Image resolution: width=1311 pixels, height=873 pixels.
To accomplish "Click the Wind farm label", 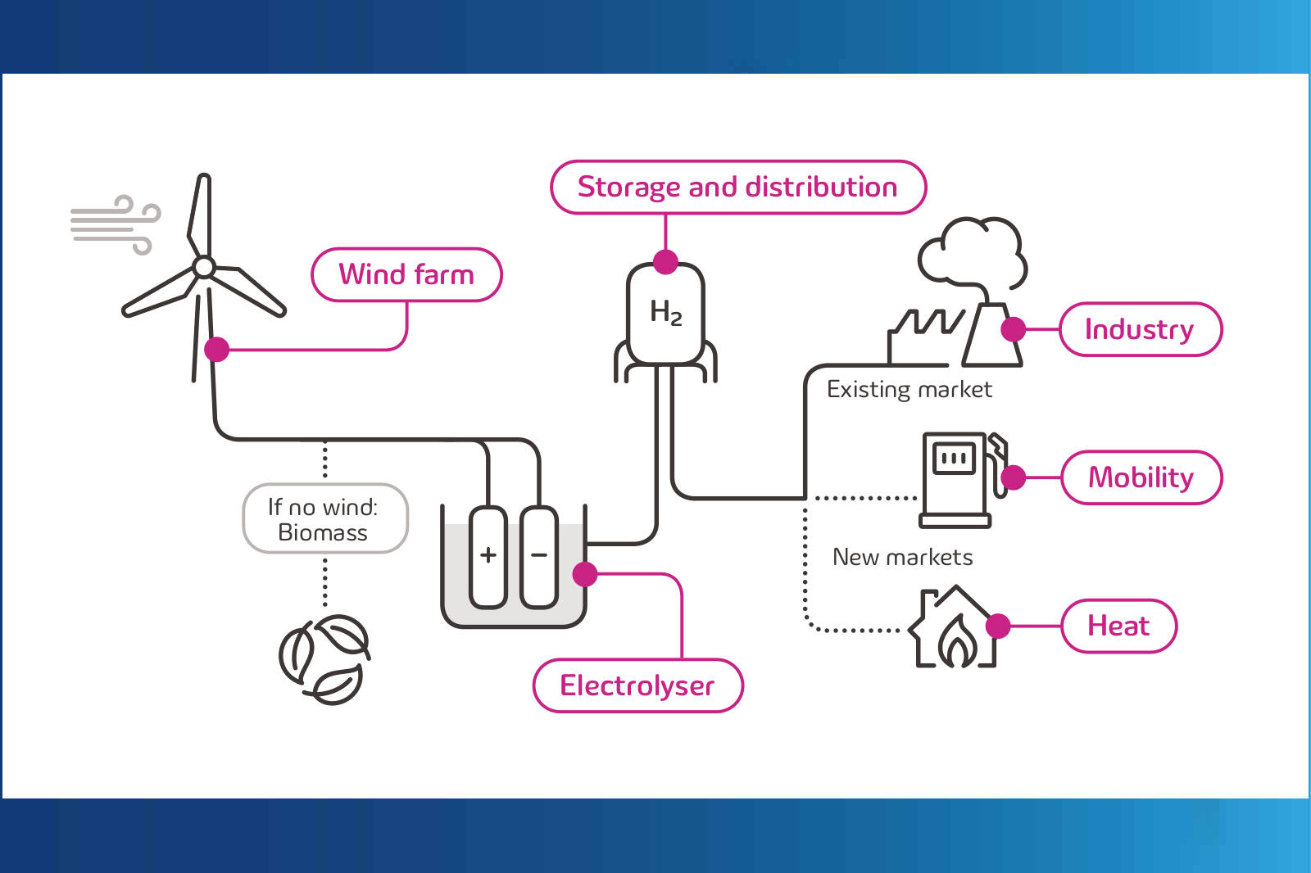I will click(x=406, y=274).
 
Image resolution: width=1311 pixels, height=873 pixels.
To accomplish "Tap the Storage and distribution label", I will click(x=737, y=188).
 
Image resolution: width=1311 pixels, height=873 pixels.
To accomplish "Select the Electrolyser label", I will click(x=637, y=685).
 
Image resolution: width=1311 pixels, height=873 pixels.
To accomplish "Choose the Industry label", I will click(x=1140, y=329).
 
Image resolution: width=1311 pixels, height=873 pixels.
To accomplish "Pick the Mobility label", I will click(x=1141, y=477).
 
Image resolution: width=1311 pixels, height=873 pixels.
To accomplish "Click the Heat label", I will click(x=1118, y=626).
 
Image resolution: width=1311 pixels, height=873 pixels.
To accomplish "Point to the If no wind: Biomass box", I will click(x=324, y=519).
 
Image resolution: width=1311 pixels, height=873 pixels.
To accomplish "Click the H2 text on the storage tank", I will click(x=665, y=312).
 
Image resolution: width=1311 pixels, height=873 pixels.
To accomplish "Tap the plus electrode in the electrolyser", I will click(x=488, y=556).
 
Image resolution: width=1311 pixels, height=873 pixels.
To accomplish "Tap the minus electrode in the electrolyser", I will click(x=539, y=556).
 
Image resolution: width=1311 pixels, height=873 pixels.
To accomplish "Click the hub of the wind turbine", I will click(x=204, y=267).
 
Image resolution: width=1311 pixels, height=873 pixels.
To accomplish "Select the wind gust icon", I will click(x=115, y=224).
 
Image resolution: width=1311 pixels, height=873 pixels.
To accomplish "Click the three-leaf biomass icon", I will click(x=324, y=659).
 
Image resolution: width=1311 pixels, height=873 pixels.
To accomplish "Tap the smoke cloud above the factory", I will click(x=973, y=251).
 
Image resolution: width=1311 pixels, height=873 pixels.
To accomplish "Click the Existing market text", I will click(x=909, y=389).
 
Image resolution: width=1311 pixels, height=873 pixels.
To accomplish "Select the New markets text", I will click(x=902, y=557).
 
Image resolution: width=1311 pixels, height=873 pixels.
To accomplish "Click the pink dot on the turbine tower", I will click(x=216, y=349).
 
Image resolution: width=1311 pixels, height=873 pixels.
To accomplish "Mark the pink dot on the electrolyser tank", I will click(x=584, y=574).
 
